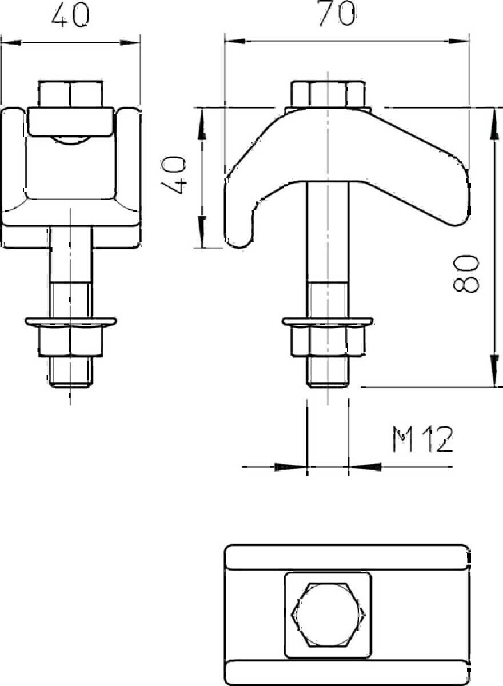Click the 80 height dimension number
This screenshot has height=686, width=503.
[x=465, y=273]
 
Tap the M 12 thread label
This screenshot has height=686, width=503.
[x=422, y=440]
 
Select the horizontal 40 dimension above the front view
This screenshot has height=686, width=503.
[x=71, y=15]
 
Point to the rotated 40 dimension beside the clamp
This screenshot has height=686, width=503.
[x=174, y=174]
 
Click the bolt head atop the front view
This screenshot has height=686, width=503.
[x=70, y=93]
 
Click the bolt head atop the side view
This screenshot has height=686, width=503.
[x=328, y=94]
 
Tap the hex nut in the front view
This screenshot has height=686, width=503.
[x=71, y=341]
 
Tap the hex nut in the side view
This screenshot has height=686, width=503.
[x=328, y=341]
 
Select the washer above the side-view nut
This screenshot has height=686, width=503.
[x=328, y=321]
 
